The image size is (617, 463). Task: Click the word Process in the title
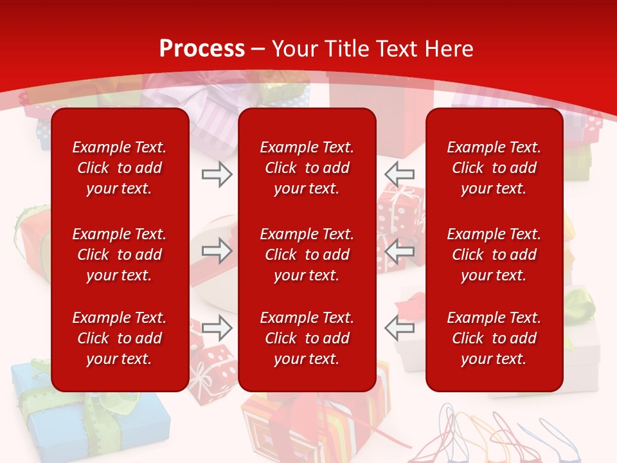coord(202,49)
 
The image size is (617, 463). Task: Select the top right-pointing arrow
coord(217,174)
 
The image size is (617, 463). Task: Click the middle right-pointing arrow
coord(217,251)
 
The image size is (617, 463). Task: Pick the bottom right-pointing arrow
coord(217,328)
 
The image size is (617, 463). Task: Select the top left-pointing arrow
coord(400,174)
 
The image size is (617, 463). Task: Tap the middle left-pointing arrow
coord(400,251)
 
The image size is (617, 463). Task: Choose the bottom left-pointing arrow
coord(400,328)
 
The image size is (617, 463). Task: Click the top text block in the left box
coord(120,168)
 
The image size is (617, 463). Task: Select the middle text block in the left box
coord(120,255)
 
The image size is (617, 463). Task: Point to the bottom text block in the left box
coord(120,338)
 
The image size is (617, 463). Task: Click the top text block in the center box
coord(307,168)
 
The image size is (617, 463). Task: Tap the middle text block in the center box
coord(307,255)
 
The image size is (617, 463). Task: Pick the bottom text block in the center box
coord(307,338)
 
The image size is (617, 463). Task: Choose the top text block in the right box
coord(494,168)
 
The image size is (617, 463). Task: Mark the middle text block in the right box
coord(494,255)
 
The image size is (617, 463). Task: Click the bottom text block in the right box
coord(494,338)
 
